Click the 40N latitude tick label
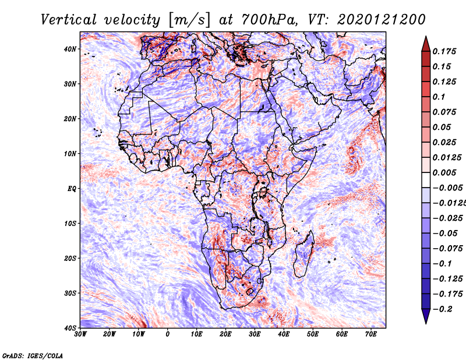tap(70, 49)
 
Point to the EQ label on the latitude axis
tap(72, 189)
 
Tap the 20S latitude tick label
tap(70, 258)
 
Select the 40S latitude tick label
tap(70, 328)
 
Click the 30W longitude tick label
tap(80, 334)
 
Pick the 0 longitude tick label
tap(168, 334)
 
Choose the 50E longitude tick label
tap(313, 334)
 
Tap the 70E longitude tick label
tap(370, 334)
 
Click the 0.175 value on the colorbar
tap(444, 52)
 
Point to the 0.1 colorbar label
tap(439, 97)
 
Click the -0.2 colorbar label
tap(442, 309)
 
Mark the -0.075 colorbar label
tap(447, 249)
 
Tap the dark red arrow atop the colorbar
tap(426, 44)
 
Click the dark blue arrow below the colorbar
tap(426, 316)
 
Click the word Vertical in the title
tap(68, 20)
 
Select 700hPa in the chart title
tap(269, 20)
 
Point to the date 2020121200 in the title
tap(382, 20)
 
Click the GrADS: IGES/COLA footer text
tap(33, 355)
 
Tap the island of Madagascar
tap(303, 254)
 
